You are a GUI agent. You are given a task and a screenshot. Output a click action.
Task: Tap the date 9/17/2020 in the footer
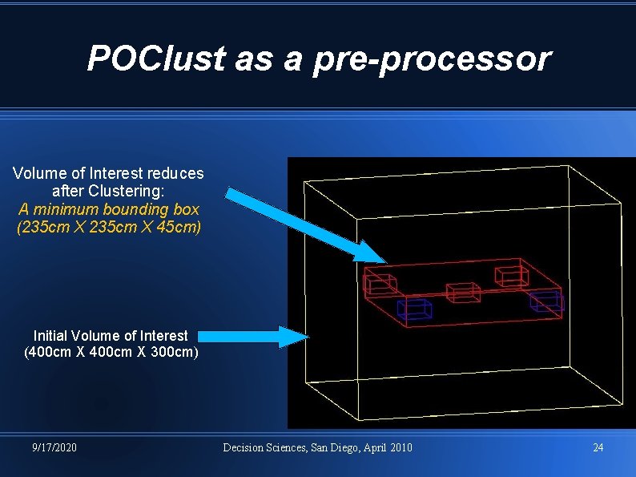(x=54, y=447)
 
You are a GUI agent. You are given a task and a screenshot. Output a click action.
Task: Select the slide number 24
(x=598, y=447)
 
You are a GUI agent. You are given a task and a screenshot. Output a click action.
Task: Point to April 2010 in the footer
(x=388, y=447)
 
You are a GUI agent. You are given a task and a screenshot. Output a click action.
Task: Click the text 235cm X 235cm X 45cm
(x=108, y=227)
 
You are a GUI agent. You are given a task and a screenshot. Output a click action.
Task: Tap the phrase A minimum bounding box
(x=108, y=209)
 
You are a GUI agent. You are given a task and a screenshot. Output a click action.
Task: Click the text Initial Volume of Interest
(x=111, y=336)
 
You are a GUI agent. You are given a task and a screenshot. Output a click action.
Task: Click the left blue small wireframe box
(x=414, y=309)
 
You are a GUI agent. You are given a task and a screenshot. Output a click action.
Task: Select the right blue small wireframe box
(x=546, y=301)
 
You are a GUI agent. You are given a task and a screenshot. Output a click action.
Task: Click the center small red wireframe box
(x=462, y=293)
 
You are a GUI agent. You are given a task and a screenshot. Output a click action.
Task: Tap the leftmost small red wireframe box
(x=380, y=283)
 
